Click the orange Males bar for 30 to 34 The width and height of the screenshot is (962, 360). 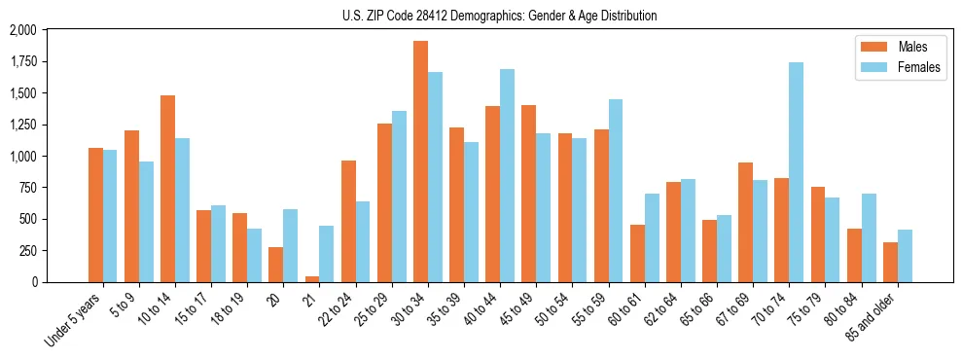pyautogui.click(x=420, y=162)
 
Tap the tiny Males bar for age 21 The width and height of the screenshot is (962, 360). pyautogui.click(x=312, y=278)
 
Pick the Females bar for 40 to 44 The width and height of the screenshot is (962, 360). pyautogui.click(x=507, y=175)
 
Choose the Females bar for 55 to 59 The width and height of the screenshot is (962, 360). pyautogui.click(x=615, y=191)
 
